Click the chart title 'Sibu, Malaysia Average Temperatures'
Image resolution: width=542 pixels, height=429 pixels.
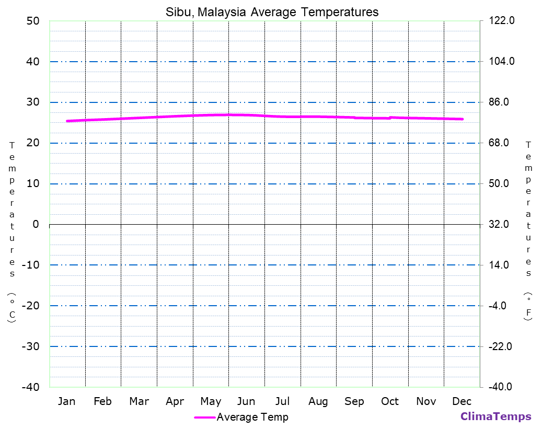[272, 11]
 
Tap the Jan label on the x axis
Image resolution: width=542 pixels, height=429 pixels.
[66, 401]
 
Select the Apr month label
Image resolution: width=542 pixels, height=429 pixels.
[175, 401]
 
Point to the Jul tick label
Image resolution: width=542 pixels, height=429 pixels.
[282, 401]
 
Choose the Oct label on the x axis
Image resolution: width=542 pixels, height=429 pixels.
[390, 401]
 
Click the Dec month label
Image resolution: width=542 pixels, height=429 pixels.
[462, 401]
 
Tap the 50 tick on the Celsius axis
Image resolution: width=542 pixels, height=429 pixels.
[32, 21]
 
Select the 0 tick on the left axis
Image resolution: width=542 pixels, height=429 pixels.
[36, 224]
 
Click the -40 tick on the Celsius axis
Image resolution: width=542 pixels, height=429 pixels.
[29, 387]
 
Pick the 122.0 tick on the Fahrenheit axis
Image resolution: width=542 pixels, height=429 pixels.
[502, 21]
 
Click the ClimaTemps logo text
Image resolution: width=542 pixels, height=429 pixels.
[495, 416]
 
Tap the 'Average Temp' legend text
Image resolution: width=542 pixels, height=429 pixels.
[252, 417]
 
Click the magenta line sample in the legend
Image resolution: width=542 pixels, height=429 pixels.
[204, 417]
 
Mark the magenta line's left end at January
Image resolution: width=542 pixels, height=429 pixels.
[67, 121]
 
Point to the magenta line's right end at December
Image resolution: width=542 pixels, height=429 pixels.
[463, 119]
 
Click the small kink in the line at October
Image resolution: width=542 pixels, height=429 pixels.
[390, 118]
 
